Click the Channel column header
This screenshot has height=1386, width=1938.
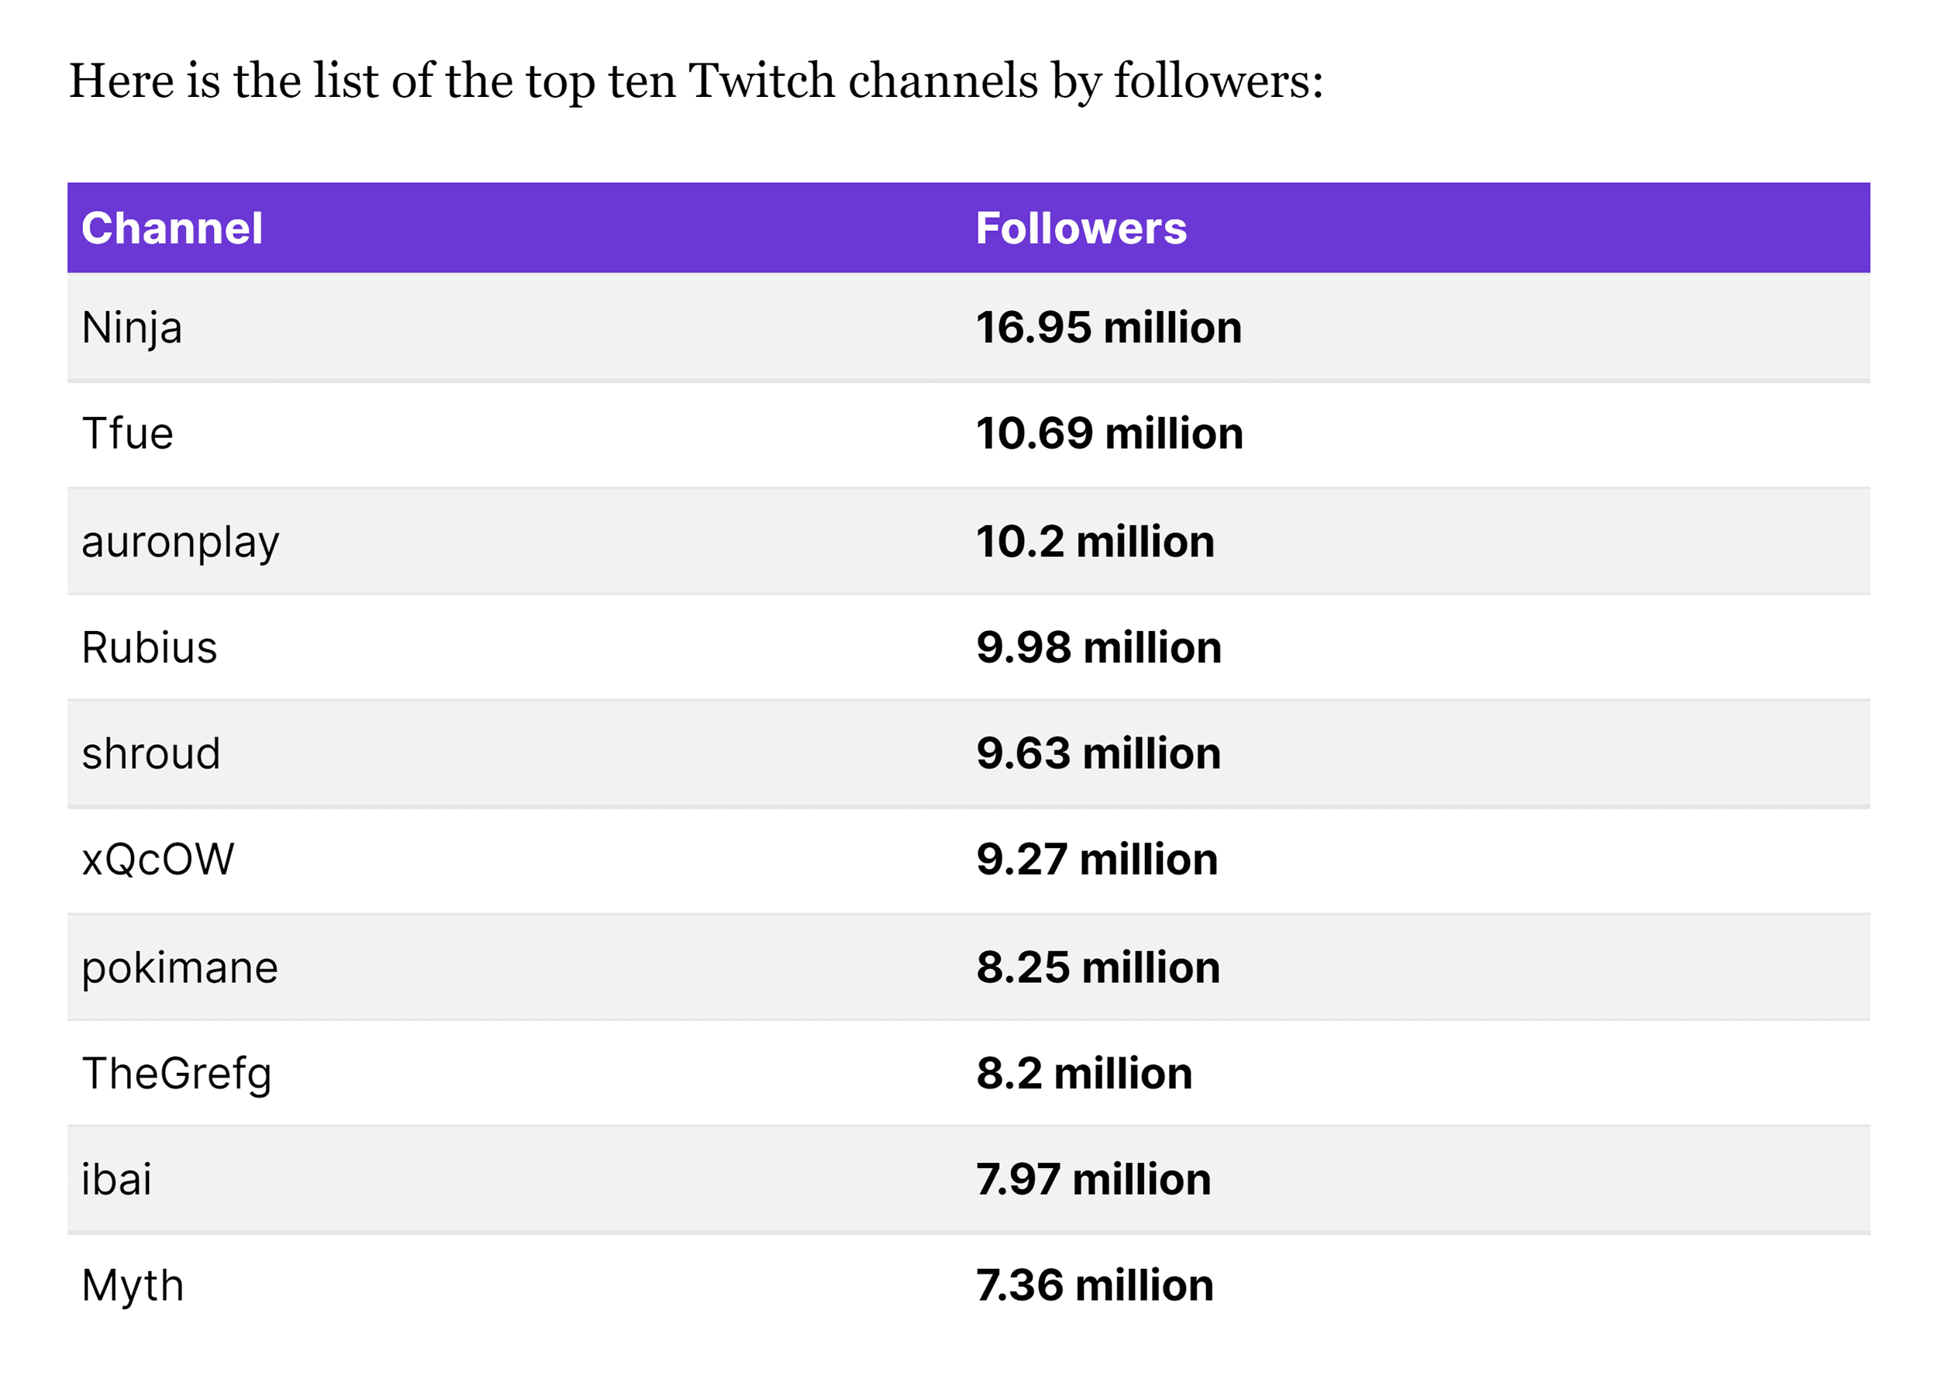pyautogui.click(x=171, y=228)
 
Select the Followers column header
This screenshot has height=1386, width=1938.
pyautogui.click(x=1081, y=228)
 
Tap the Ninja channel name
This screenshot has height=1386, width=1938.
pyautogui.click(x=132, y=328)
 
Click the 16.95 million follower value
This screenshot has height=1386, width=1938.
pyautogui.click(x=1108, y=328)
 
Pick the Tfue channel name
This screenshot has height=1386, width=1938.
pyautogui.click(x=127, y=433)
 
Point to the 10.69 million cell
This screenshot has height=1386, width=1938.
pyautogui.click(x=1109, y=433)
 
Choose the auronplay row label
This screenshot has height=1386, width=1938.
pyautogui.click(x=180, y=542)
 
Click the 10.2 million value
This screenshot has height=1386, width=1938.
pyautogui.click(x=1094, y=542)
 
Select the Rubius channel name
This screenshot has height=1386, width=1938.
pyautogui.click(x=150, y=648)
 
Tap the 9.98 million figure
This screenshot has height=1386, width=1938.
pyautogui.click(x=1098, y=648)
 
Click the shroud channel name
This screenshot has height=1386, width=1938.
pyautogui.click(x=151, y=753)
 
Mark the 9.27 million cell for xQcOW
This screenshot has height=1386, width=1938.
pyautogui.click(x=1097, y=860)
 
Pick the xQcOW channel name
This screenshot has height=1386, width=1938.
pyautogui.click(x=158, y=860)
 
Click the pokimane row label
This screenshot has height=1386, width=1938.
pyautogui.click(x=179, y=968)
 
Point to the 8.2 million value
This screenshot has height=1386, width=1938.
pyautogui.click(x=1084, y=1074)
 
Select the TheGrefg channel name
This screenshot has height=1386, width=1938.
pyautogui.click(x=177, y=1074)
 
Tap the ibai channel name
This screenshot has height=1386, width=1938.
pyautogui.click(x=116, y=1180)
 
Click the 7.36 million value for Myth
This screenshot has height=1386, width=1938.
pyautogui.click(x=1094, y=1285)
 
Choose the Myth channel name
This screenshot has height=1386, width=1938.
pyautogui.click(x=133, y=1285)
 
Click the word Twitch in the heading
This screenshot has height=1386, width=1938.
pyautogui.click(x=761, y=81)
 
